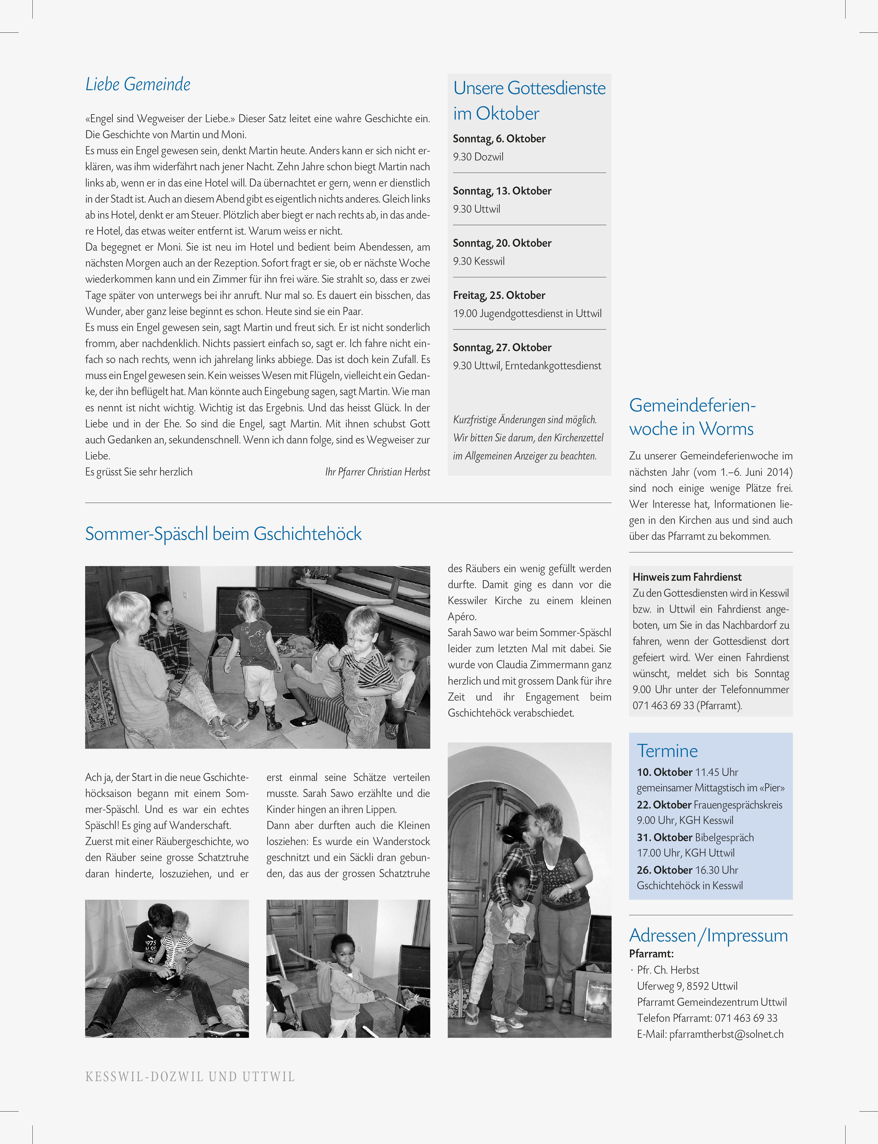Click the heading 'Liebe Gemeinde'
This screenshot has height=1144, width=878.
point(138,85)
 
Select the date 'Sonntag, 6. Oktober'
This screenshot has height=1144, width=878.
point(499,139)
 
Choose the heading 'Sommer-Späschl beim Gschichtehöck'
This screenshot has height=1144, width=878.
point(223,534)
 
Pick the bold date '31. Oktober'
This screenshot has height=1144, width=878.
point(664,837)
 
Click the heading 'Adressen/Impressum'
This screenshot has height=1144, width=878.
point(708,935)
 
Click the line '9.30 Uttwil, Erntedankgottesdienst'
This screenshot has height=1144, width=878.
point(527,366)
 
